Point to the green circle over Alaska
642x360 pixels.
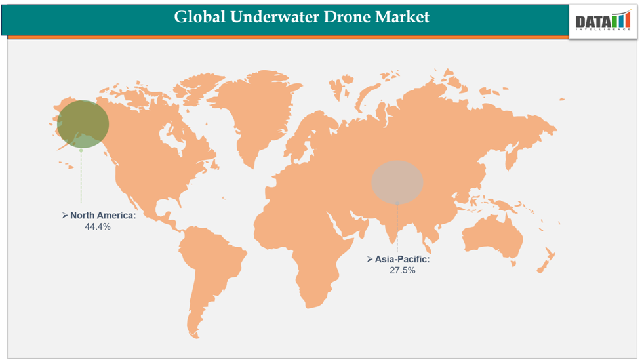pyautogui.click(x=83, y=124)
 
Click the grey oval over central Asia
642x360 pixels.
pyautogui.click(x=397, y=181)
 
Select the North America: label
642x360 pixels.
pyautogui.click(x=103, y=215)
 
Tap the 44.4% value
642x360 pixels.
pyautogui.click(x=98, y=226)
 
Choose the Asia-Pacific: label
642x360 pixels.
pyautogui.click(x=403, y=259)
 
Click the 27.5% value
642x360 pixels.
pyautogui.click(x=403, y=270)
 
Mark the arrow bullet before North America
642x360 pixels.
pyautogui.click(x=65, y=215)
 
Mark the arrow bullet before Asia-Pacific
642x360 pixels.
pyautogui.click(x=370, y=259)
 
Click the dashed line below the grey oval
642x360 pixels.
pyautogui.click(x=397, y=226)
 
